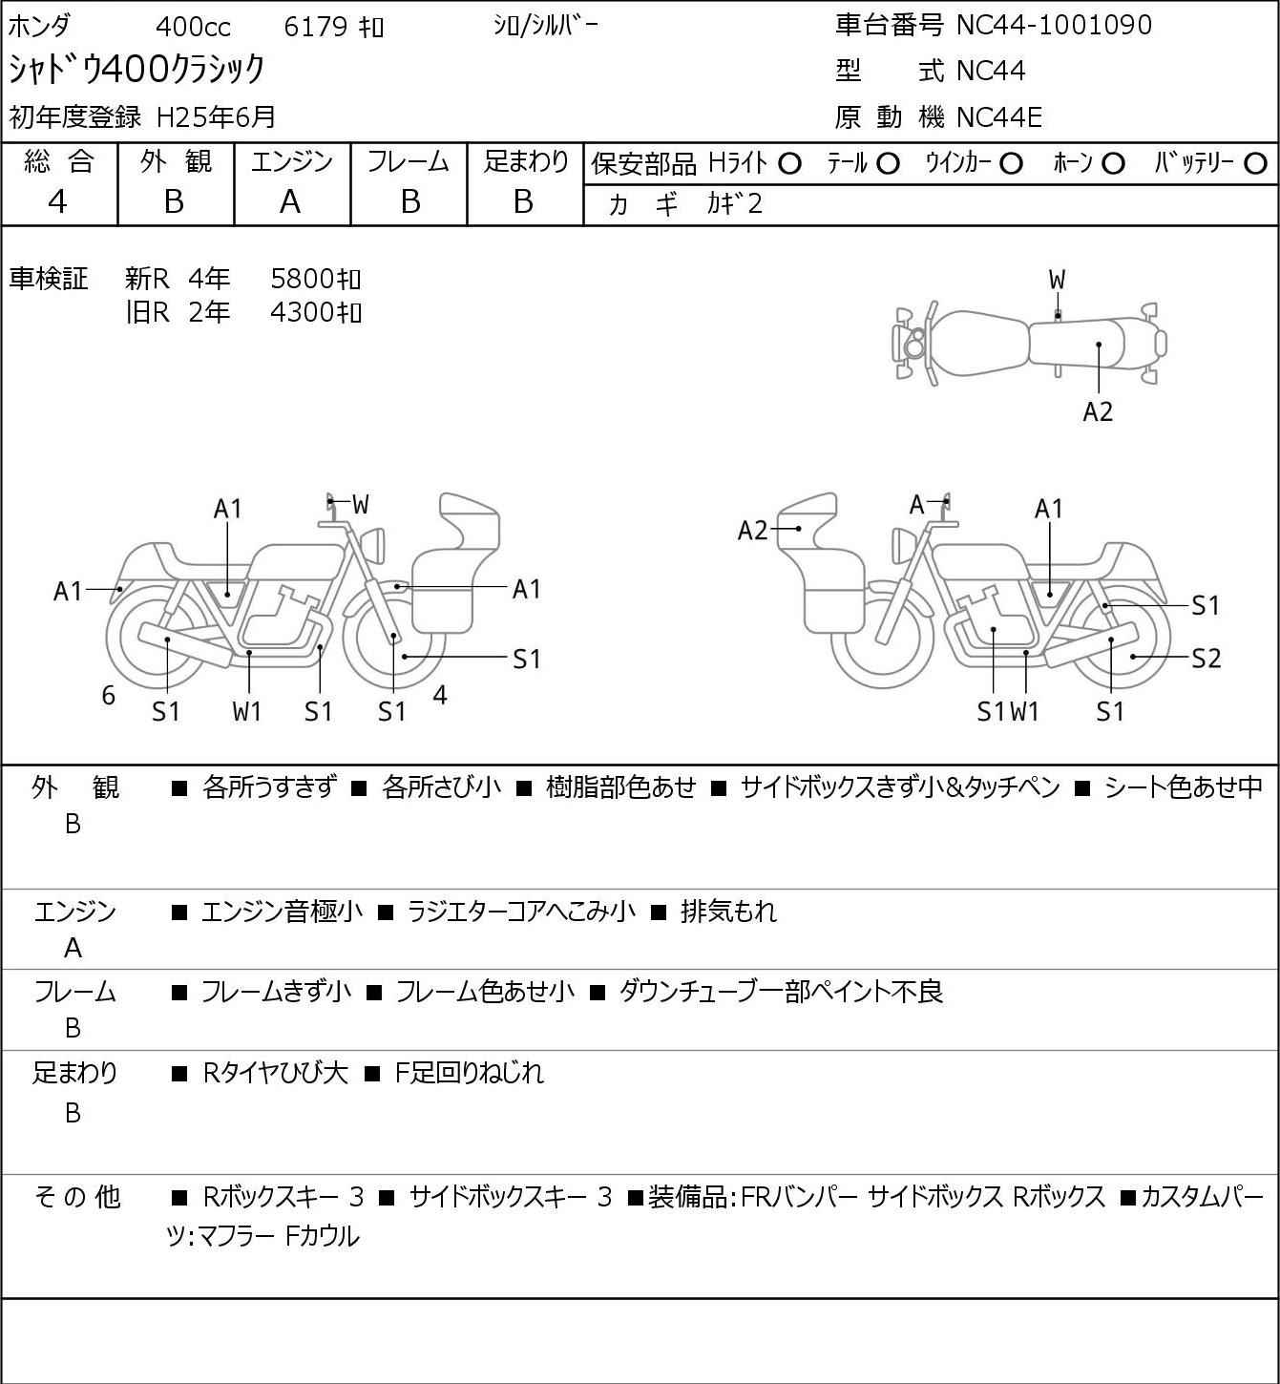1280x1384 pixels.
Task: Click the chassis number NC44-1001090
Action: tap(1054, 25)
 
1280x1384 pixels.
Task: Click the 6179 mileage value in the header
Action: tap(315, 27)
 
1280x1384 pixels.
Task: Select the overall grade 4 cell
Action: tap(58, 201)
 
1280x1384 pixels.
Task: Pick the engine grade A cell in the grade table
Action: tap(290, 201)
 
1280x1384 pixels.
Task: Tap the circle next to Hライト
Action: tap(789, 164)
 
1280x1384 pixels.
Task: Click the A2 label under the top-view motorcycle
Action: tap(1098, 411)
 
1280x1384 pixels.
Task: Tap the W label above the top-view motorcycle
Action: tap(1057, 281)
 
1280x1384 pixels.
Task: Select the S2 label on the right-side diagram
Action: tap(1206, 659)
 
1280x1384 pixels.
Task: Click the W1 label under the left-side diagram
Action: tap(247, 711)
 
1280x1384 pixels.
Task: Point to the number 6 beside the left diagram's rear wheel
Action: tap(109, 696)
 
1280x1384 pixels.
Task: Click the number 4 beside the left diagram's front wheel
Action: tap(440, 696)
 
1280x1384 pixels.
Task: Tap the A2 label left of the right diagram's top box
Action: tap(753, 530)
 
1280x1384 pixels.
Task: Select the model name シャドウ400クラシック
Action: tap(137, 70)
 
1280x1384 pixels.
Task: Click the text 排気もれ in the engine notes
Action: tap(728, 912)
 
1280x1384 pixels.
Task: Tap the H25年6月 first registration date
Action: tap(217, 117)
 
